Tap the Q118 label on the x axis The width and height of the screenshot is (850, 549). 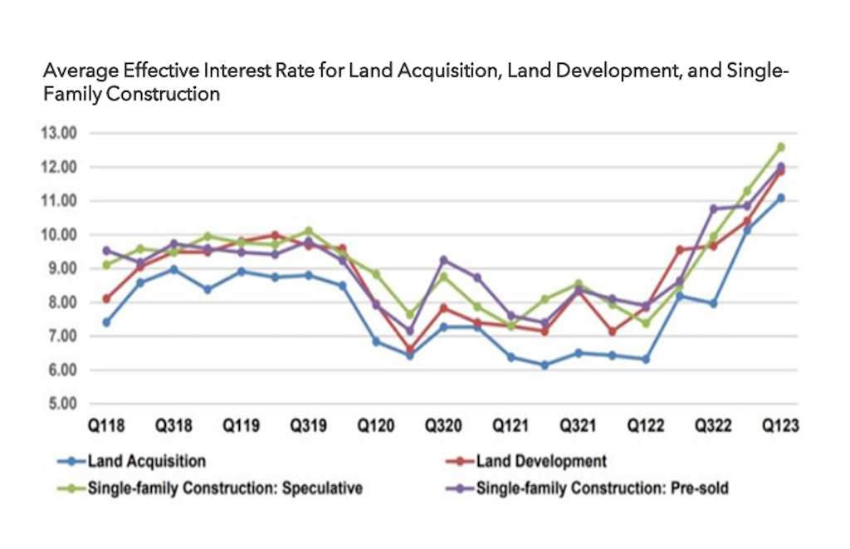pyautogui.click(x=106, y=426)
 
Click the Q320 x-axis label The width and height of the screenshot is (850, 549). pyautogui.click(x=443, y=426)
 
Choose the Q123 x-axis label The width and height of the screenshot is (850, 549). pyautogui.click(x=780, y=426)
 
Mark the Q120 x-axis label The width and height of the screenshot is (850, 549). pyautogui.click(x=376, y=426)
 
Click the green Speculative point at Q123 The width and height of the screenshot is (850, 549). pyautogui.click(x=780, y=147)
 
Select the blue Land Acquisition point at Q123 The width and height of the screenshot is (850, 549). pyautogui.click(x=780, y=198)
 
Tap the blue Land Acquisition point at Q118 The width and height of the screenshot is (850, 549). pyautogui.click(x=106, y=322)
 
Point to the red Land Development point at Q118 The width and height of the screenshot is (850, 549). pyautogui.click(x=106, y=298)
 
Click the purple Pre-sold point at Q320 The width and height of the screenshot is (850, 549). pyautogui.click(x=443, y=260)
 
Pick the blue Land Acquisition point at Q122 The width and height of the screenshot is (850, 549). pyautogui.click(x=645, y=360)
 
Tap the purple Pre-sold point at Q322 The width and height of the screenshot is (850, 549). pyautogui.click(x=712, y=208)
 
